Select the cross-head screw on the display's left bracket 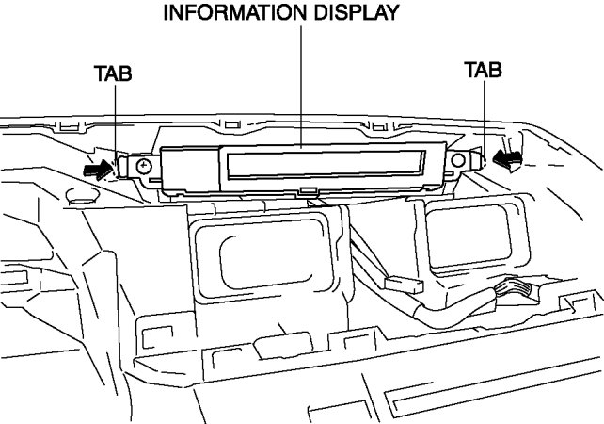tap(142, 168)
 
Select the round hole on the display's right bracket tap(457, 161)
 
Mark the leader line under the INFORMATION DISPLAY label tap(302, 85)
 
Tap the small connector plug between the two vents tap(403, 284)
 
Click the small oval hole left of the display tap(81, 197)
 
